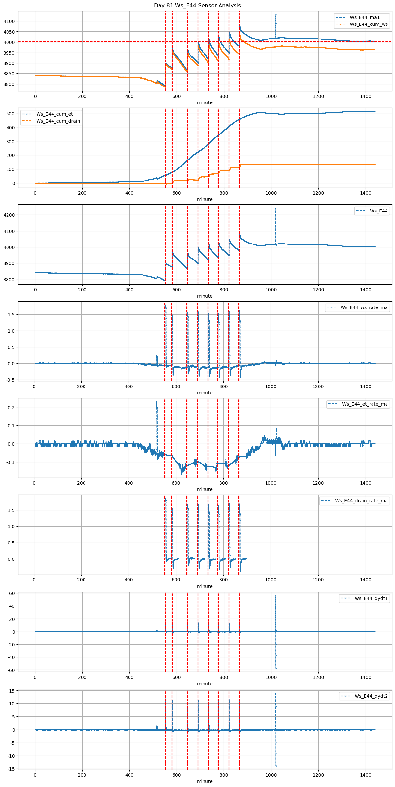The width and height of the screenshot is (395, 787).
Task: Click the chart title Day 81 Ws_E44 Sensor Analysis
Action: [x=197, y=5]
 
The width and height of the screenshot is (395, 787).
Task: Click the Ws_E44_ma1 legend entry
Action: [x=364, y=17]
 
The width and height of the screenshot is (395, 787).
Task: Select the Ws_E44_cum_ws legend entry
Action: [x=369, y=24]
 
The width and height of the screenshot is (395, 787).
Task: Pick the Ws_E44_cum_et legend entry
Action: [x=54, y=114]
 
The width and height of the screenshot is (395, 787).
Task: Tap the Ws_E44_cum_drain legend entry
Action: [x=58, y=121]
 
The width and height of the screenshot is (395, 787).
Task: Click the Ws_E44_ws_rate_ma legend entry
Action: [x=364, y=307]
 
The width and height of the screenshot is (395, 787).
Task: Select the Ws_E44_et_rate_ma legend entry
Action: [x=365, y=404]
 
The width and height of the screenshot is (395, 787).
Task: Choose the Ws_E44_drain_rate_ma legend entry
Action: [x=361, y=501]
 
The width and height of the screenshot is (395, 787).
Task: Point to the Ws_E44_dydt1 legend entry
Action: [x=371, y=598]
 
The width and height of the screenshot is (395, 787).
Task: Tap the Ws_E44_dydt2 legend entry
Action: [x=371, y=696]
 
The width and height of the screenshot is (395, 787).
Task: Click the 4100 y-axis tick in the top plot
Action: [x=9, y=21]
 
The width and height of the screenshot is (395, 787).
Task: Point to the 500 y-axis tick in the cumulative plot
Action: [x=11, y=114]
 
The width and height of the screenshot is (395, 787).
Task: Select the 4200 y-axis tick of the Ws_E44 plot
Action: [x=9, y=215]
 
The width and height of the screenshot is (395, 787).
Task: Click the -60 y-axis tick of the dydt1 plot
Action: [x=11, y=670]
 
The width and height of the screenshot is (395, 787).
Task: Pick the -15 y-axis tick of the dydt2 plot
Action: [x=11, y=769]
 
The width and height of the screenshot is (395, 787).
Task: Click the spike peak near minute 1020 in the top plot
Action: [x=276, y=15]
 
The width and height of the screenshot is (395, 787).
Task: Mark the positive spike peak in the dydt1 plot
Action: [x=276, y=596]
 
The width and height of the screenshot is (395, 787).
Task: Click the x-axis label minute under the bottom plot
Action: [x=205, y=781]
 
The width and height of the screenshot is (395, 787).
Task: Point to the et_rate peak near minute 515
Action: [x=156, y=402]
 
